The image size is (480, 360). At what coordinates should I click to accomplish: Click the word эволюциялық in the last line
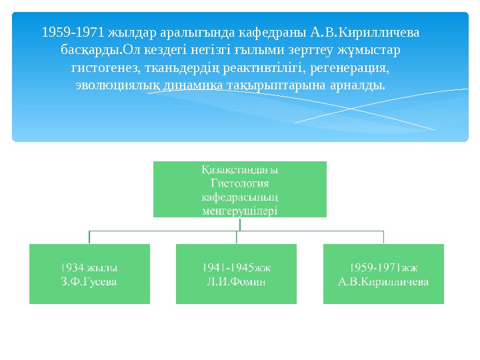coord(117,86)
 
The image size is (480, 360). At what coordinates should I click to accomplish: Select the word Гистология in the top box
coord(240,183)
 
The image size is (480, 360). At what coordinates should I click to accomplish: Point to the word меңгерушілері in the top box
coord(240,211)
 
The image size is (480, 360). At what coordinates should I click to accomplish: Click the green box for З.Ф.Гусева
coord(89,274)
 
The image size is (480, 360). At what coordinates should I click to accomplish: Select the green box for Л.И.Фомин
coord(237,274)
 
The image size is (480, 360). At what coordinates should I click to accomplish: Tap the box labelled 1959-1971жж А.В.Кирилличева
coord(383,274)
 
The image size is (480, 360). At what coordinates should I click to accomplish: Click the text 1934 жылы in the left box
coord(89,267)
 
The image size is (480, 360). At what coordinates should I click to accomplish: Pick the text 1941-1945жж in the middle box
coord(237,267)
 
